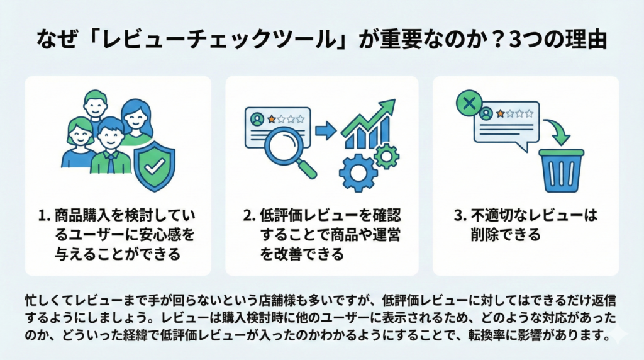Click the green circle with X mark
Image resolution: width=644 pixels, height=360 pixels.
click(x=469, y=104)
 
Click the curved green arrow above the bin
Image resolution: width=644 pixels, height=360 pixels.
click(x=557, y=131)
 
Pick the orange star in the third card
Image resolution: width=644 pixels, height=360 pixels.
click(x=501, y=113)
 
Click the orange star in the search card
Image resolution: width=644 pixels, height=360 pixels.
click(x=272, y=118)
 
